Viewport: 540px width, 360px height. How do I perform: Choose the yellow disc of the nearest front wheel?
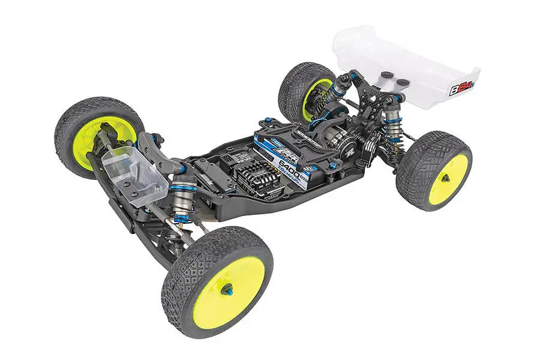click(229, 291)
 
